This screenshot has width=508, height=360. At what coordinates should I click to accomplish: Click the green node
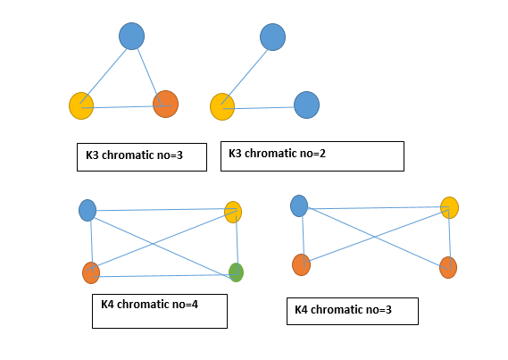tap(236, 272)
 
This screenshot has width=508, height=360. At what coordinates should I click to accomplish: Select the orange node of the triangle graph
tap(165, 104)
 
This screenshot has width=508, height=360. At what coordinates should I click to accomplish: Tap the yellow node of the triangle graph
tap(81, 105)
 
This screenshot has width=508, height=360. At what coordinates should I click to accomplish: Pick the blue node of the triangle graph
tap(131, 36)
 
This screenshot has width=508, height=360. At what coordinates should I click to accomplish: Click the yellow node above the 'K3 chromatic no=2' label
tap(222, 106)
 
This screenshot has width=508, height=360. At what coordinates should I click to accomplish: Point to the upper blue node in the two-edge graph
tap(272, 37)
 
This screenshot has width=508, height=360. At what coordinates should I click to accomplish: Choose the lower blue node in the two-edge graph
tap(306, 105)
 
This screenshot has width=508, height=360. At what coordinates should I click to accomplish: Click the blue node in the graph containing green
tap(87, 210)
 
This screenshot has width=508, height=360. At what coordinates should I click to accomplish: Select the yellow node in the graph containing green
tap(233, 212)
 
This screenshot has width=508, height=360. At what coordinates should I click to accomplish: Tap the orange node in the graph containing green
tap(90, 272)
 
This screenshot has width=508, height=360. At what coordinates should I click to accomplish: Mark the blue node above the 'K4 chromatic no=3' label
tap(299, 205)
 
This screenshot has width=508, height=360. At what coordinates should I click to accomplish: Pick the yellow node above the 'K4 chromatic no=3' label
tap(449, 207)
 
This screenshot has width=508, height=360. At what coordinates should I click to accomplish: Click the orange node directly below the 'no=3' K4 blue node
tap(301, 264)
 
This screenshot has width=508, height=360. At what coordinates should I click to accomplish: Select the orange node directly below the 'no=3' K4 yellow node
tap(448, 267)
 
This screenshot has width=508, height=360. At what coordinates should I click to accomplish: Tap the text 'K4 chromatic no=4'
tap(149, 304)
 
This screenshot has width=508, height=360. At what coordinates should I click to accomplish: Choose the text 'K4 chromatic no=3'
tap(344, 310)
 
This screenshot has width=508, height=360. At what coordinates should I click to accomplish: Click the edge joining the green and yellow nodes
tap(236, 242)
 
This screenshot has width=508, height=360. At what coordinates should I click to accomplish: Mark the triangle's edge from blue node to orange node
tap(148, 70)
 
